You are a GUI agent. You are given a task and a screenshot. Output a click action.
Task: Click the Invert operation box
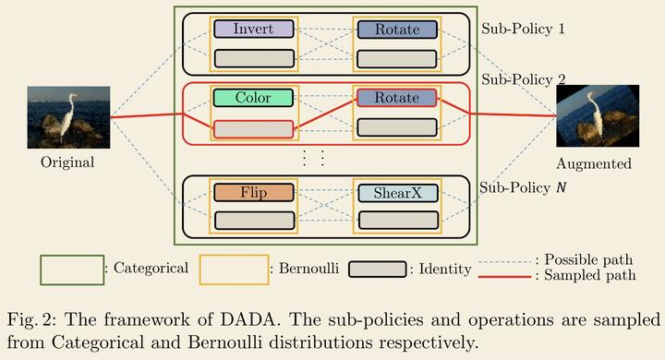click(253, 30)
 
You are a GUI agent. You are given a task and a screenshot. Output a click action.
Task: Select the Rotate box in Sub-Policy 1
click(396, 30)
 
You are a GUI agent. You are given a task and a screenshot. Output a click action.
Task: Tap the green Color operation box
click(253, 98)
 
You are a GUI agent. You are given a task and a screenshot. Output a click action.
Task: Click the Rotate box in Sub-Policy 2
click(396, 98)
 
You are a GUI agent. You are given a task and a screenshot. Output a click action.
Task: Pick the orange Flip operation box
click(253, 193)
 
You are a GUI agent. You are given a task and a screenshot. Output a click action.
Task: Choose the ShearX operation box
click(396, 193)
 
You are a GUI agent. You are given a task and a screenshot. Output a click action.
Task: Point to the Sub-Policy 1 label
click(524, 28)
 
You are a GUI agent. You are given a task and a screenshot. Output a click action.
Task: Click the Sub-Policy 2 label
click(524, 79)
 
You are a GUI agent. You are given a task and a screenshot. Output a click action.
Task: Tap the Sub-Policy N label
click(524, 188)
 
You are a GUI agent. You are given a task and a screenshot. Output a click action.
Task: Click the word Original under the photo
click(67, 162)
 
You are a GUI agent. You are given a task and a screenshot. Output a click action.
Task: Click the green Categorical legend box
click(71, 270)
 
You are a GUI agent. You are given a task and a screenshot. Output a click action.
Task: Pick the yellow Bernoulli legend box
click(233, 270)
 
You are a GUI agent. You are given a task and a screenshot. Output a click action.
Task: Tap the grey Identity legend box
click(372, 270)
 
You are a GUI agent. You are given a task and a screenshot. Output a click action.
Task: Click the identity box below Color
click(253, 129)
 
